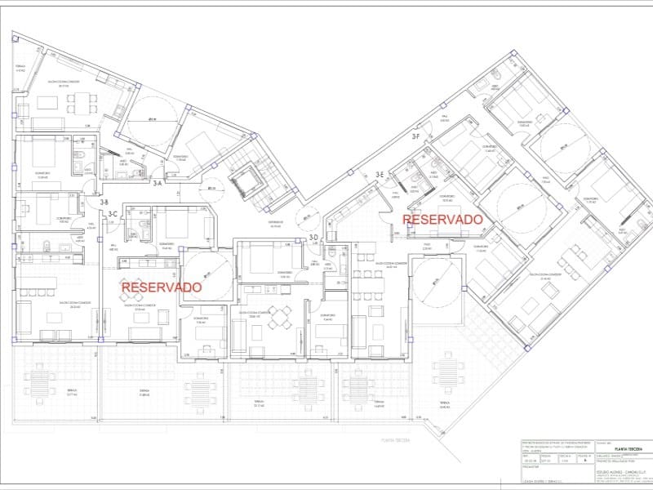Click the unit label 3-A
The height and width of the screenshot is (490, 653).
158,185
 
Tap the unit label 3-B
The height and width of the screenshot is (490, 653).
104,201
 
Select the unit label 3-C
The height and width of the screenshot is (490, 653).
114,214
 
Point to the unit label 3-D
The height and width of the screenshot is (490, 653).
313,238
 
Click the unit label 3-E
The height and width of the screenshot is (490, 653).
380,175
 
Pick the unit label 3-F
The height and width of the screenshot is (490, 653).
415,137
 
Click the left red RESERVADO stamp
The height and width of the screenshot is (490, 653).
161,287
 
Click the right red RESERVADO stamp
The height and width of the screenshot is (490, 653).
443,220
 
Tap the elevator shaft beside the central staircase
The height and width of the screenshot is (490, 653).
242,179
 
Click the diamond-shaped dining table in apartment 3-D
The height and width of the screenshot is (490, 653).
280,316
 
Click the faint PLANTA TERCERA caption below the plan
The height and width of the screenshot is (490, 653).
394,439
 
